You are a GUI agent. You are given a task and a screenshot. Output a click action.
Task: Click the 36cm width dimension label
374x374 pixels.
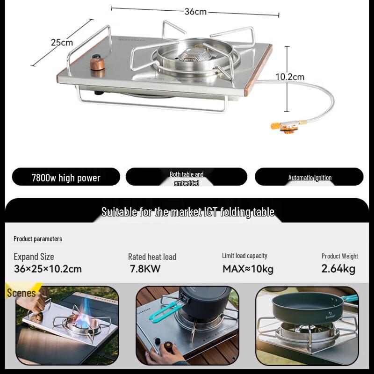tap(195, 12)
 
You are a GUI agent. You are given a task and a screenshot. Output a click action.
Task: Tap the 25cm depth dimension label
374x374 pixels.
tap(62, 43)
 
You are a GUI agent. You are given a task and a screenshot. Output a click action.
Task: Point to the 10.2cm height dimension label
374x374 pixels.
tap(289, 77)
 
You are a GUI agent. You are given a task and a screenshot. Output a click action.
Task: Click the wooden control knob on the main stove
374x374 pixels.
tap(97, 63)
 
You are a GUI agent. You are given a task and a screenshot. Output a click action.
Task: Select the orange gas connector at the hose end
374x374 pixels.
tap(283, 126)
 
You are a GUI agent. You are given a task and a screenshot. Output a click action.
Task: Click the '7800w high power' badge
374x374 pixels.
tap(66, 178)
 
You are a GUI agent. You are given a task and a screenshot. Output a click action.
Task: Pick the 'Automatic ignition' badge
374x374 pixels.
tap(309, 178)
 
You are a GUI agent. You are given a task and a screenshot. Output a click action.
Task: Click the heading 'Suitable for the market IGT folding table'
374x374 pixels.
tap(188, 212)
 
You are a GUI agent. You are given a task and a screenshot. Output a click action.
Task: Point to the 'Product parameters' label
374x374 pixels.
tap(38, 239)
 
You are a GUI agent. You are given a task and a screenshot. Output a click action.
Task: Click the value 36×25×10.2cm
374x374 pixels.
tap(48, 269)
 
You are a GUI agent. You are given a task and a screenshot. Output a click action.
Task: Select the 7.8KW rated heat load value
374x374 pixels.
tap(145, 269)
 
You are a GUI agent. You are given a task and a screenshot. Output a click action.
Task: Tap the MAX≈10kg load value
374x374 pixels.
tap(248, 269)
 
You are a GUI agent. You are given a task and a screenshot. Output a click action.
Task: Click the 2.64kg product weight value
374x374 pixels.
tap(338, 269)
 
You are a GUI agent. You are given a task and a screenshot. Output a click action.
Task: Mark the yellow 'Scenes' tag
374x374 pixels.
tap(21, 293)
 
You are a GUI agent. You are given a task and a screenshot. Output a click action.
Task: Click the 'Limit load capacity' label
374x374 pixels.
tap(245, 256)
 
